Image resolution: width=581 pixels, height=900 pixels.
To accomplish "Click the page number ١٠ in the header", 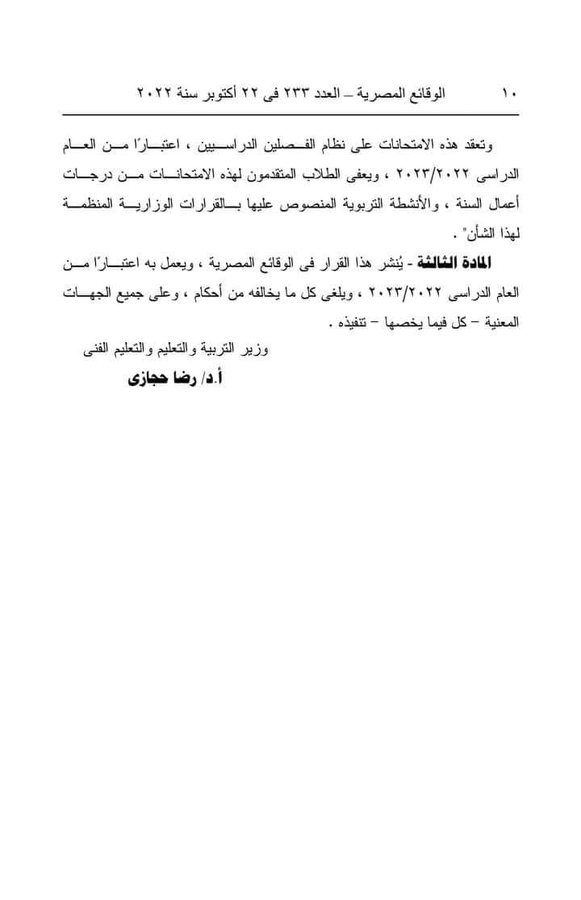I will click(508, 94).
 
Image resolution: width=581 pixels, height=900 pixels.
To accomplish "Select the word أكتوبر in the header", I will click(222, 94).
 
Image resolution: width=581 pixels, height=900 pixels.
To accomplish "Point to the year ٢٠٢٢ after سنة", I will click(154, 94).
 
